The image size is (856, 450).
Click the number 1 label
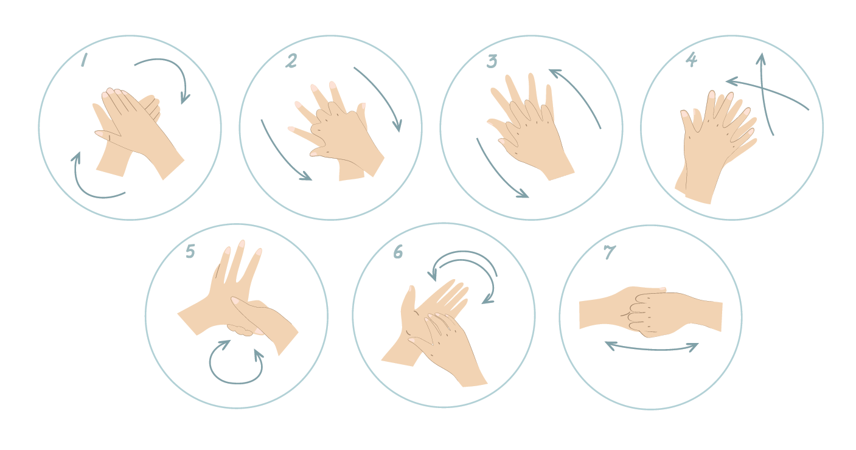84,60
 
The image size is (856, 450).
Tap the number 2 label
291,61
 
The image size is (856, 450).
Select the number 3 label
492,61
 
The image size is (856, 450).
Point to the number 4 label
691,59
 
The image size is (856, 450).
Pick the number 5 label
190,251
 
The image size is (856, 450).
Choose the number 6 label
398,252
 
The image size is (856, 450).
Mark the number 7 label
610,252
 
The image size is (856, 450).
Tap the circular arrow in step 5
236,382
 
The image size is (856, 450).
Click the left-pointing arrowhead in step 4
731,81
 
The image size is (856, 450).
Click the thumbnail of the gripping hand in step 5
235,300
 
